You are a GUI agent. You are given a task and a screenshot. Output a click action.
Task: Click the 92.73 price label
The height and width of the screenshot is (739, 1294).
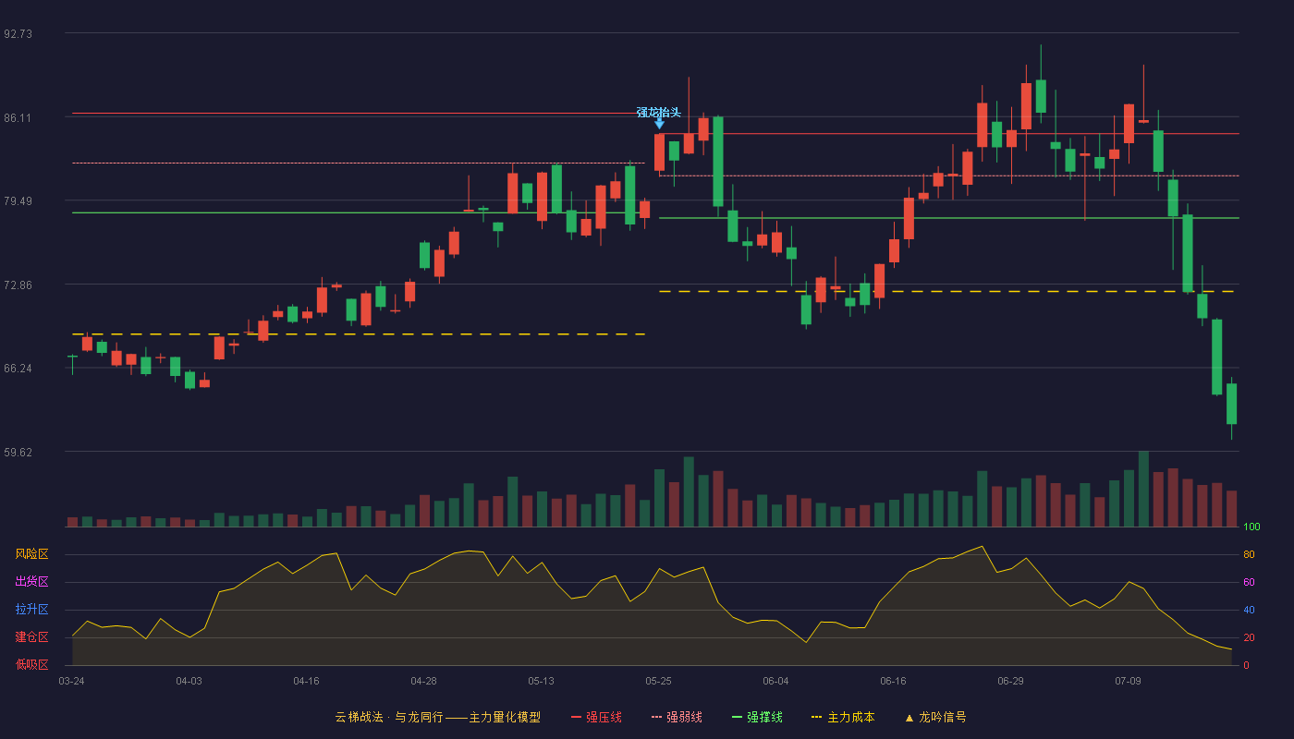click(18, 34)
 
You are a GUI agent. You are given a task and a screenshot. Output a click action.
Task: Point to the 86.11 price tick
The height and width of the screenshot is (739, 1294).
click(18, 118)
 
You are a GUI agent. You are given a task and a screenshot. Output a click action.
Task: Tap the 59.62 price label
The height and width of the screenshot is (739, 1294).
click(18, 452)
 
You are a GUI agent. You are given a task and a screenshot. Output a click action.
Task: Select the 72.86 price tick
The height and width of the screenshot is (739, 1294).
click(18, 285)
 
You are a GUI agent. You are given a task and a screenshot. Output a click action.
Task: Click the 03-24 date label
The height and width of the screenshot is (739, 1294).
click(72, 682)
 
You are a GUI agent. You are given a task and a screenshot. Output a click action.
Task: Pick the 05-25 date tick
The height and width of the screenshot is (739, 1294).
click(658, 682)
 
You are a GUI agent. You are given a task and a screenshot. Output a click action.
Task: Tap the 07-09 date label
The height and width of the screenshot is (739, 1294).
click(1129, 682)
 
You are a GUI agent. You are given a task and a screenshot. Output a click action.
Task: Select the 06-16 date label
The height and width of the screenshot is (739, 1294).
click(893, 682)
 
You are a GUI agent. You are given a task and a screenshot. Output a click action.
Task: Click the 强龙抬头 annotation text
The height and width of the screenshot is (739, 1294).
click(658, 112)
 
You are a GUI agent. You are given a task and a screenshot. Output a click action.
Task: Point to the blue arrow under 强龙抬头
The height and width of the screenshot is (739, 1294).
click(659, 124)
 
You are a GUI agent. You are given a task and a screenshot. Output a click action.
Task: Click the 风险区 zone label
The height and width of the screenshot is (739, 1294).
click(31, 554)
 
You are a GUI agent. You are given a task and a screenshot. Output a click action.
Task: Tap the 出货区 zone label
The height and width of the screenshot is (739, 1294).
click(31, 581)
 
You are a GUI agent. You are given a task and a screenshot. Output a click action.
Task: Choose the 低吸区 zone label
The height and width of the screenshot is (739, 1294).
click(31, 664)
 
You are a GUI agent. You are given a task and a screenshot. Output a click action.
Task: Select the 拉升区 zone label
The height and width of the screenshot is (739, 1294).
click(31, 609)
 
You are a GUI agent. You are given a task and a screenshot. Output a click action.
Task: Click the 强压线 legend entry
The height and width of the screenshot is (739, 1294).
click(596, 717)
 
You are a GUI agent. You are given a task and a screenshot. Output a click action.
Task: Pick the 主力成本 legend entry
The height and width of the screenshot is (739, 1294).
click(843, 717)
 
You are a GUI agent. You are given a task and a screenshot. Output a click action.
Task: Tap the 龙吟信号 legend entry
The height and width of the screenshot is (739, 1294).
click(935, 717)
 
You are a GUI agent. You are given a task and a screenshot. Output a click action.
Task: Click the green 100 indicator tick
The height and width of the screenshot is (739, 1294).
click(1251, 527)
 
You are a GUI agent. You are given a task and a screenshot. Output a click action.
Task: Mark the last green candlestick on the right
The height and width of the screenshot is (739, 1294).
click(1231, 405)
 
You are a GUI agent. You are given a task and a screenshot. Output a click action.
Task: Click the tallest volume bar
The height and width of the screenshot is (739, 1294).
click(1143, 489)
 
